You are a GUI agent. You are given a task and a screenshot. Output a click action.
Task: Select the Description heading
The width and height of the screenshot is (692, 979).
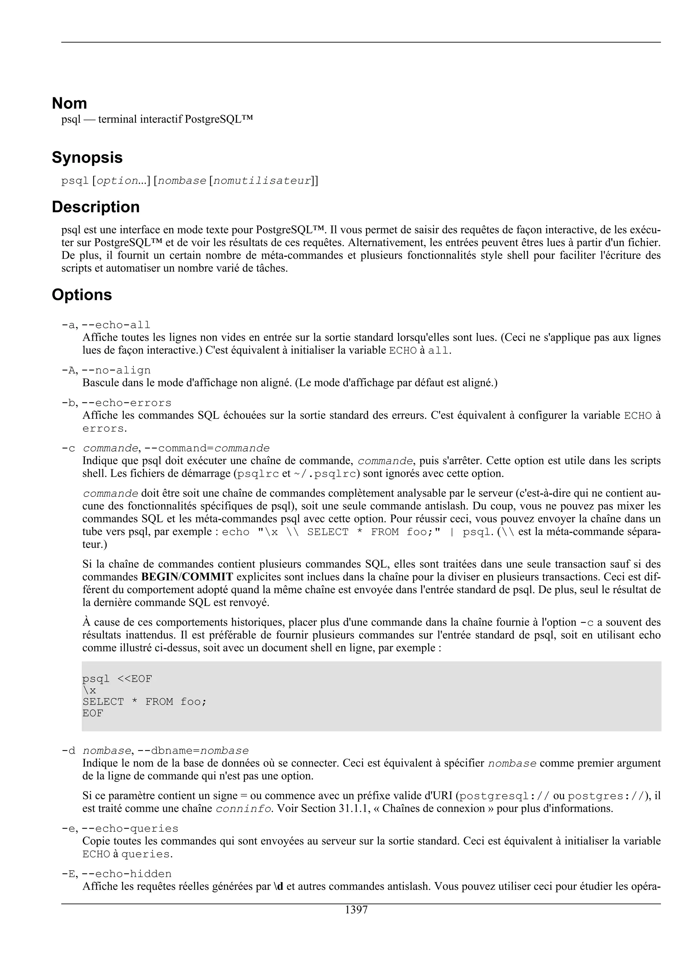96,207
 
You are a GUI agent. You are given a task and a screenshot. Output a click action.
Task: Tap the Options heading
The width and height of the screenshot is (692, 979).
81,295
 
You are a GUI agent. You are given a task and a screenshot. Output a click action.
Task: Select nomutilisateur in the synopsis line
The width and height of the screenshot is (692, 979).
262,181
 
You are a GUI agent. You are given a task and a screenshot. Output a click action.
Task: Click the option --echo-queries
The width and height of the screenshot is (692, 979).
130,828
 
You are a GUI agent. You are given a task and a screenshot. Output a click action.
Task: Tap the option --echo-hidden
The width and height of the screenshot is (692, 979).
126,862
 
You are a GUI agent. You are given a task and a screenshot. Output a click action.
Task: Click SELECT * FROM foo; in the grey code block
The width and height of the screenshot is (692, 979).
145,702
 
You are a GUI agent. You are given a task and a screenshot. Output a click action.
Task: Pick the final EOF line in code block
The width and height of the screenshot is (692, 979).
93,713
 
